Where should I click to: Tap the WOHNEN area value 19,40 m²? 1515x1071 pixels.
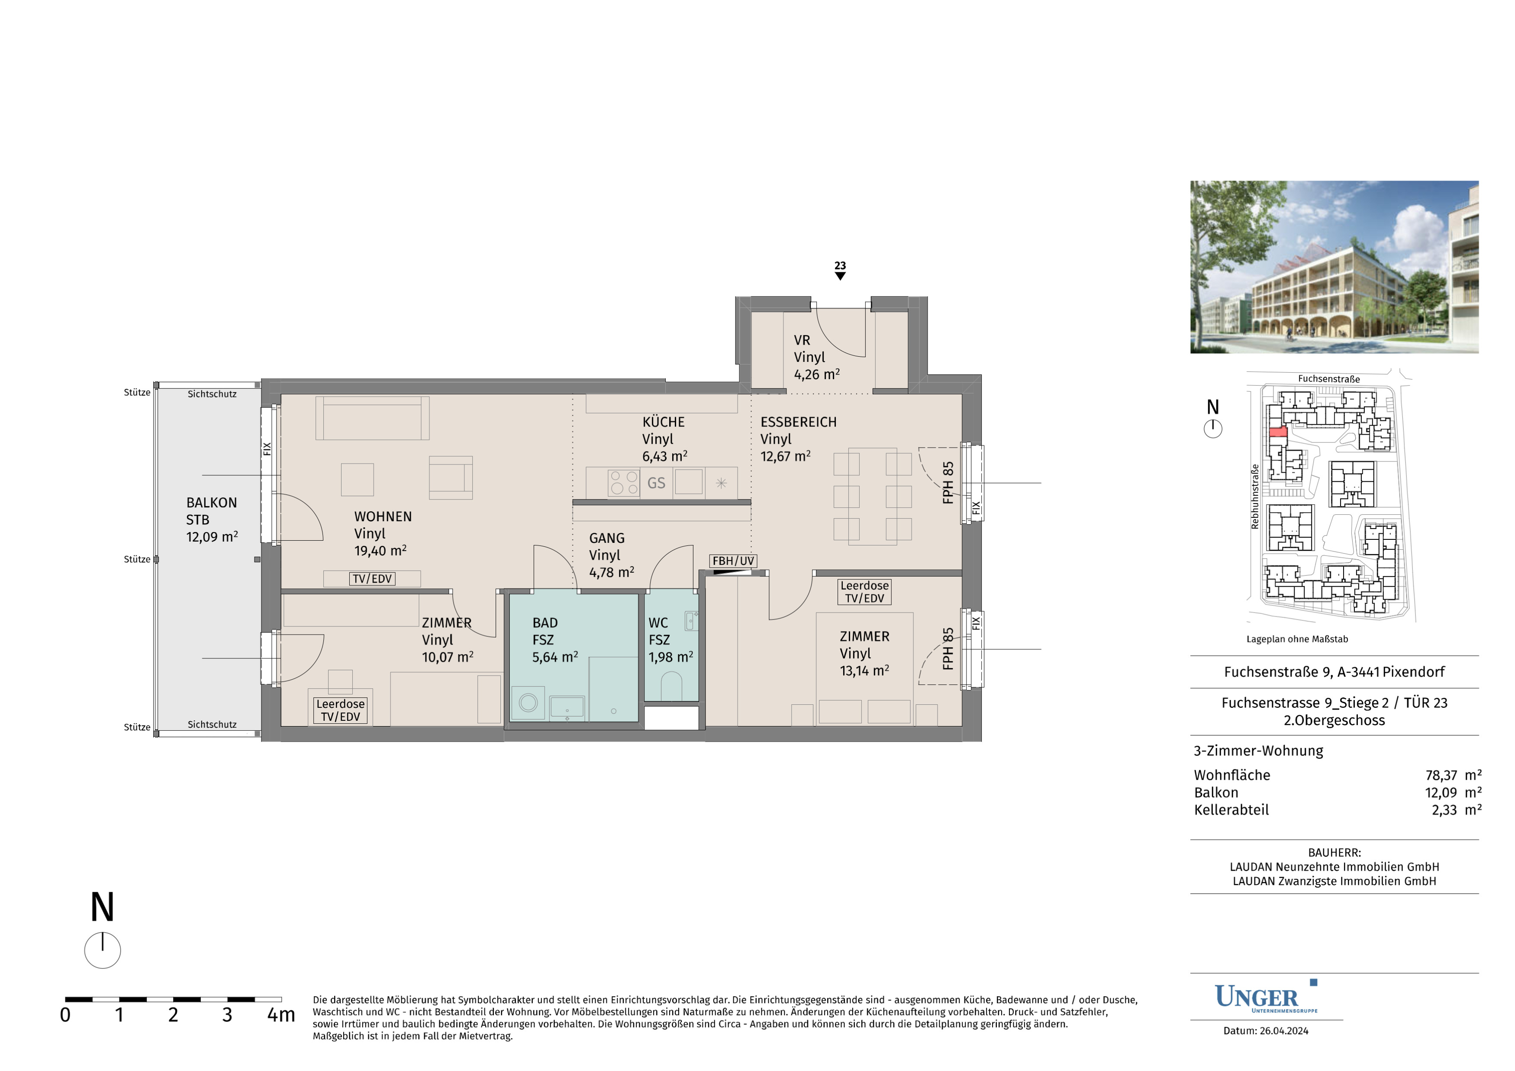(380, 550)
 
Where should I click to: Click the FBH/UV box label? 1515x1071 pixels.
(733, 561)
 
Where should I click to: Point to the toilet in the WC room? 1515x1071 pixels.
(671, 686)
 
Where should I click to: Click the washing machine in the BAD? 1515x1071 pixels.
(528, 702)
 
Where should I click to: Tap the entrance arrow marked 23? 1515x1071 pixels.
(840, 276)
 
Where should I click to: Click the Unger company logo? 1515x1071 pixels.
(1266, 997)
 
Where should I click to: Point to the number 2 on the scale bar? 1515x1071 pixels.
(173, 1015)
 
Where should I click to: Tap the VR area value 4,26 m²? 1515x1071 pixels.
(817, 374)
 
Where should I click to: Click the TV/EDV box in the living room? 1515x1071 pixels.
(372, 579)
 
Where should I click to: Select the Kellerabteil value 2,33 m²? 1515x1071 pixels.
(1456, 810)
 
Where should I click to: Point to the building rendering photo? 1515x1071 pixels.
(1334, 267)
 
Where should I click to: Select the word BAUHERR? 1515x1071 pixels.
(1334, 852)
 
